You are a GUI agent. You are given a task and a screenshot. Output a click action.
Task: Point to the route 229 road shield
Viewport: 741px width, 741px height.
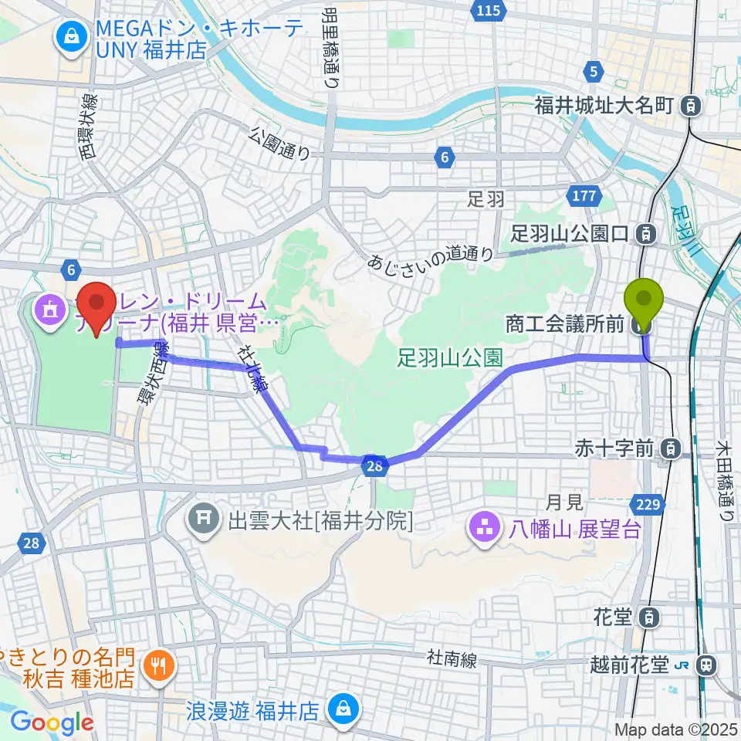[x=648, y=505]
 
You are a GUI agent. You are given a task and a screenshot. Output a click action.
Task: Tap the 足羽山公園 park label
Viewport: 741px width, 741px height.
[x=451, y=357]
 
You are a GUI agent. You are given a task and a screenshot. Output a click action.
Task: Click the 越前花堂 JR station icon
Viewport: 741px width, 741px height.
[x=705, y=665]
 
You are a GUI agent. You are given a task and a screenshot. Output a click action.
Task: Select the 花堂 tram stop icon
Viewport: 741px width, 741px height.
[x=651, y=617]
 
